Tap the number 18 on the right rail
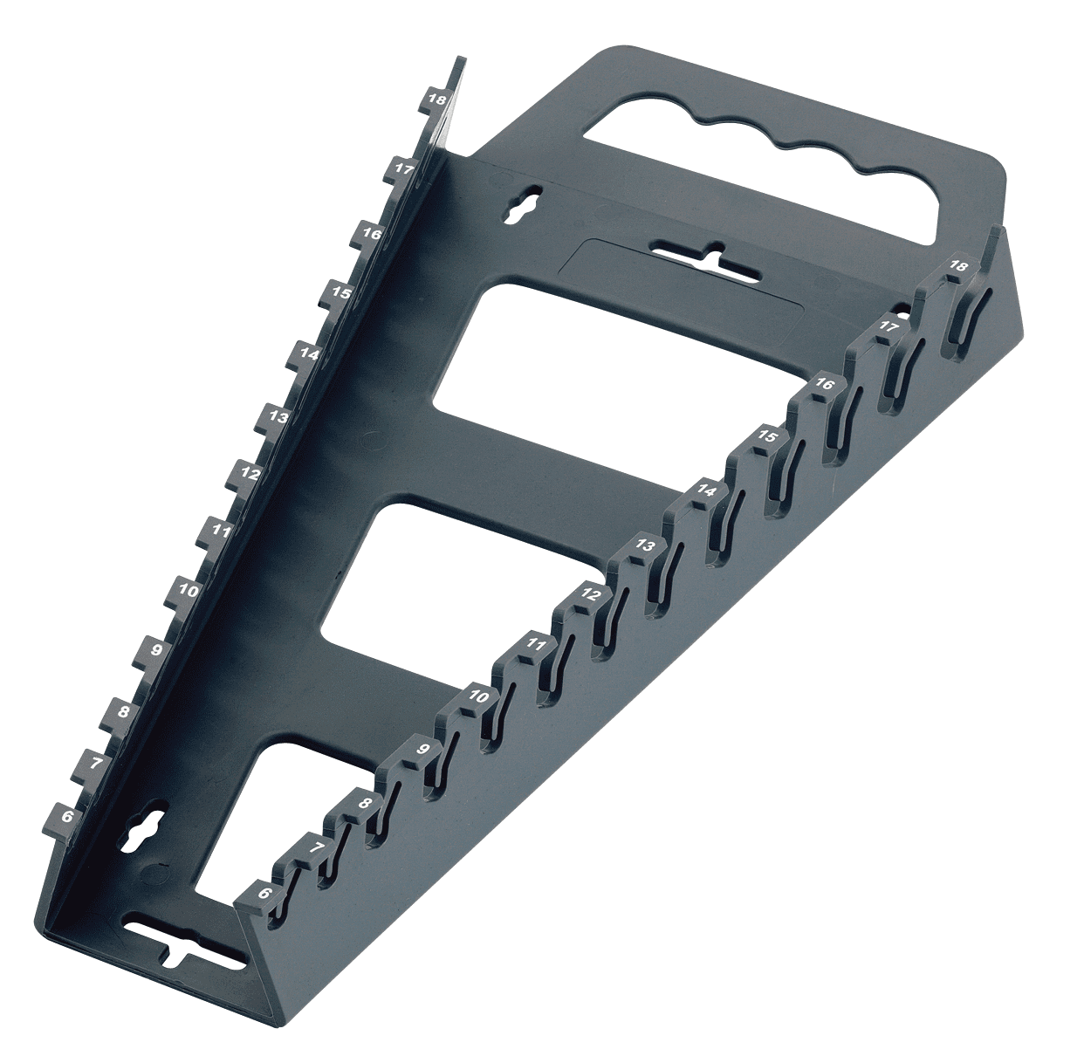[x=957, y=266]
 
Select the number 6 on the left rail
[x=67, y=816]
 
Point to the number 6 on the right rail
[x=264, y=894]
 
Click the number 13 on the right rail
[x=644, y=545]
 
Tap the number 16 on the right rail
[x=824, y=383]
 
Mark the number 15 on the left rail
[x=341, y=293]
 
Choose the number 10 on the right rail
[x=477, y=696]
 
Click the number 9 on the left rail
[x=156, y=649]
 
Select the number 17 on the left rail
[x=403, y=168]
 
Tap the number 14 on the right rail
[x=706, y=491]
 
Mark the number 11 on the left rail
[x=221, y=531]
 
